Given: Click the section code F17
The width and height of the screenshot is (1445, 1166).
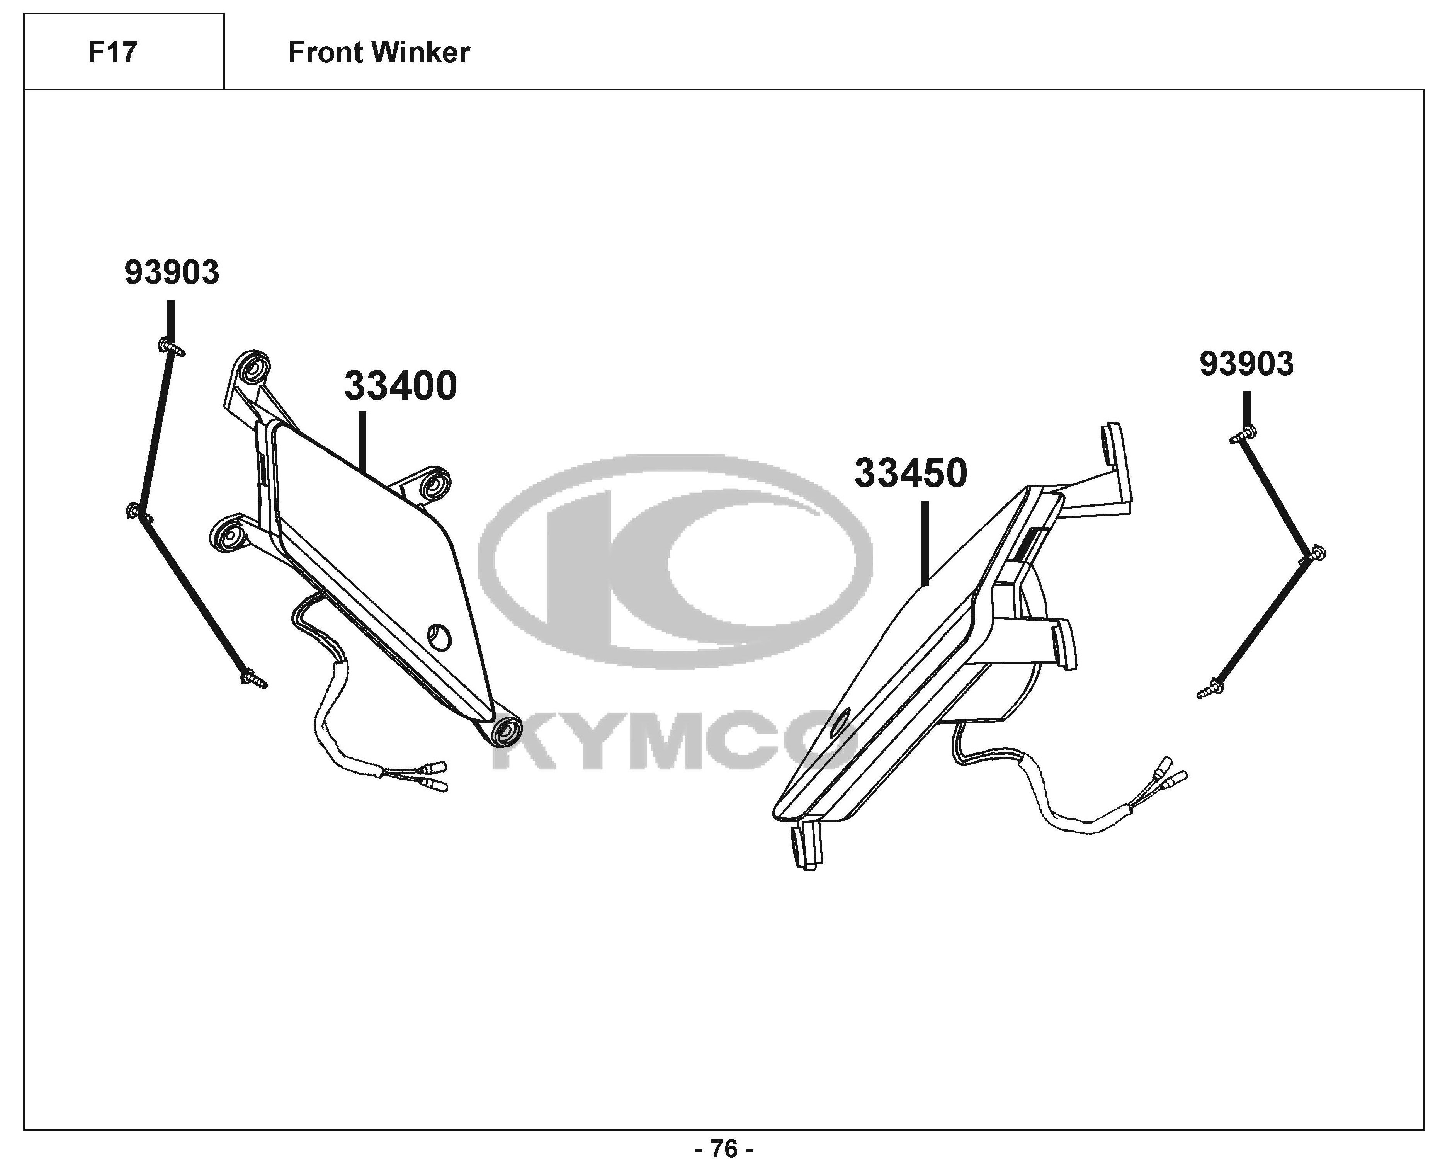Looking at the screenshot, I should click(113, 53).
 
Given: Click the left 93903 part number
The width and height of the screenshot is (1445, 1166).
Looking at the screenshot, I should click(172, 273).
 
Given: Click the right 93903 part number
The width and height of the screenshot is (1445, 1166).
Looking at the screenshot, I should click(1246, 364).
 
